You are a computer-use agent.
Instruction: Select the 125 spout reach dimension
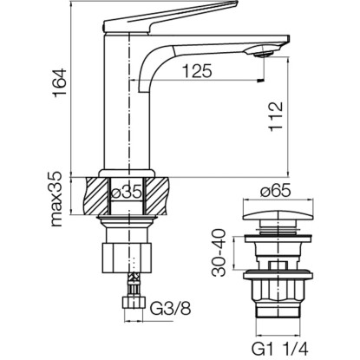coord(198,71)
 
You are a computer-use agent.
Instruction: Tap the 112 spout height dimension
coord(275,117)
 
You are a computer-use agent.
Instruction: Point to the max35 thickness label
coord(56,200)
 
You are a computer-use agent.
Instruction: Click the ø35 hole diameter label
coord(127,192)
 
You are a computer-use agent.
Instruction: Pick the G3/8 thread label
coord(171,310)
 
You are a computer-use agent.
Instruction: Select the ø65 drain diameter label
coord(275,191)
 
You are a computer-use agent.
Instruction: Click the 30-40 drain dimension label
coord(219,252)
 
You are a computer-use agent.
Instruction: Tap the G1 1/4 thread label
coord(280,350)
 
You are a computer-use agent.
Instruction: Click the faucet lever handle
coord(171,18)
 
